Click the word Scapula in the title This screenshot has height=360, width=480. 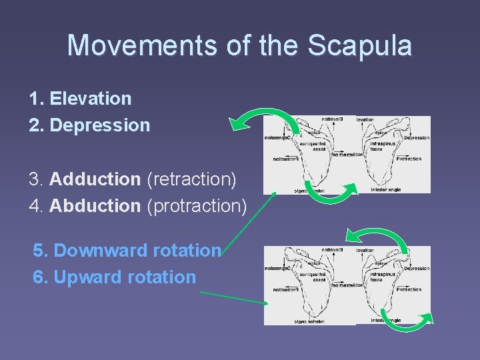tap(361, 45)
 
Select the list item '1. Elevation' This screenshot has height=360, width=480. tap(81, 99)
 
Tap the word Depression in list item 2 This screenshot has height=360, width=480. tap(100, 125)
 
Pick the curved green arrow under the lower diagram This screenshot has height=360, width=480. tap(407, 322)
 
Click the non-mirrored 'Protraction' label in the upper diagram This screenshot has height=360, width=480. tap(408, 159)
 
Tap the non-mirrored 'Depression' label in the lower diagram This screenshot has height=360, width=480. tap(417, 268)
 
